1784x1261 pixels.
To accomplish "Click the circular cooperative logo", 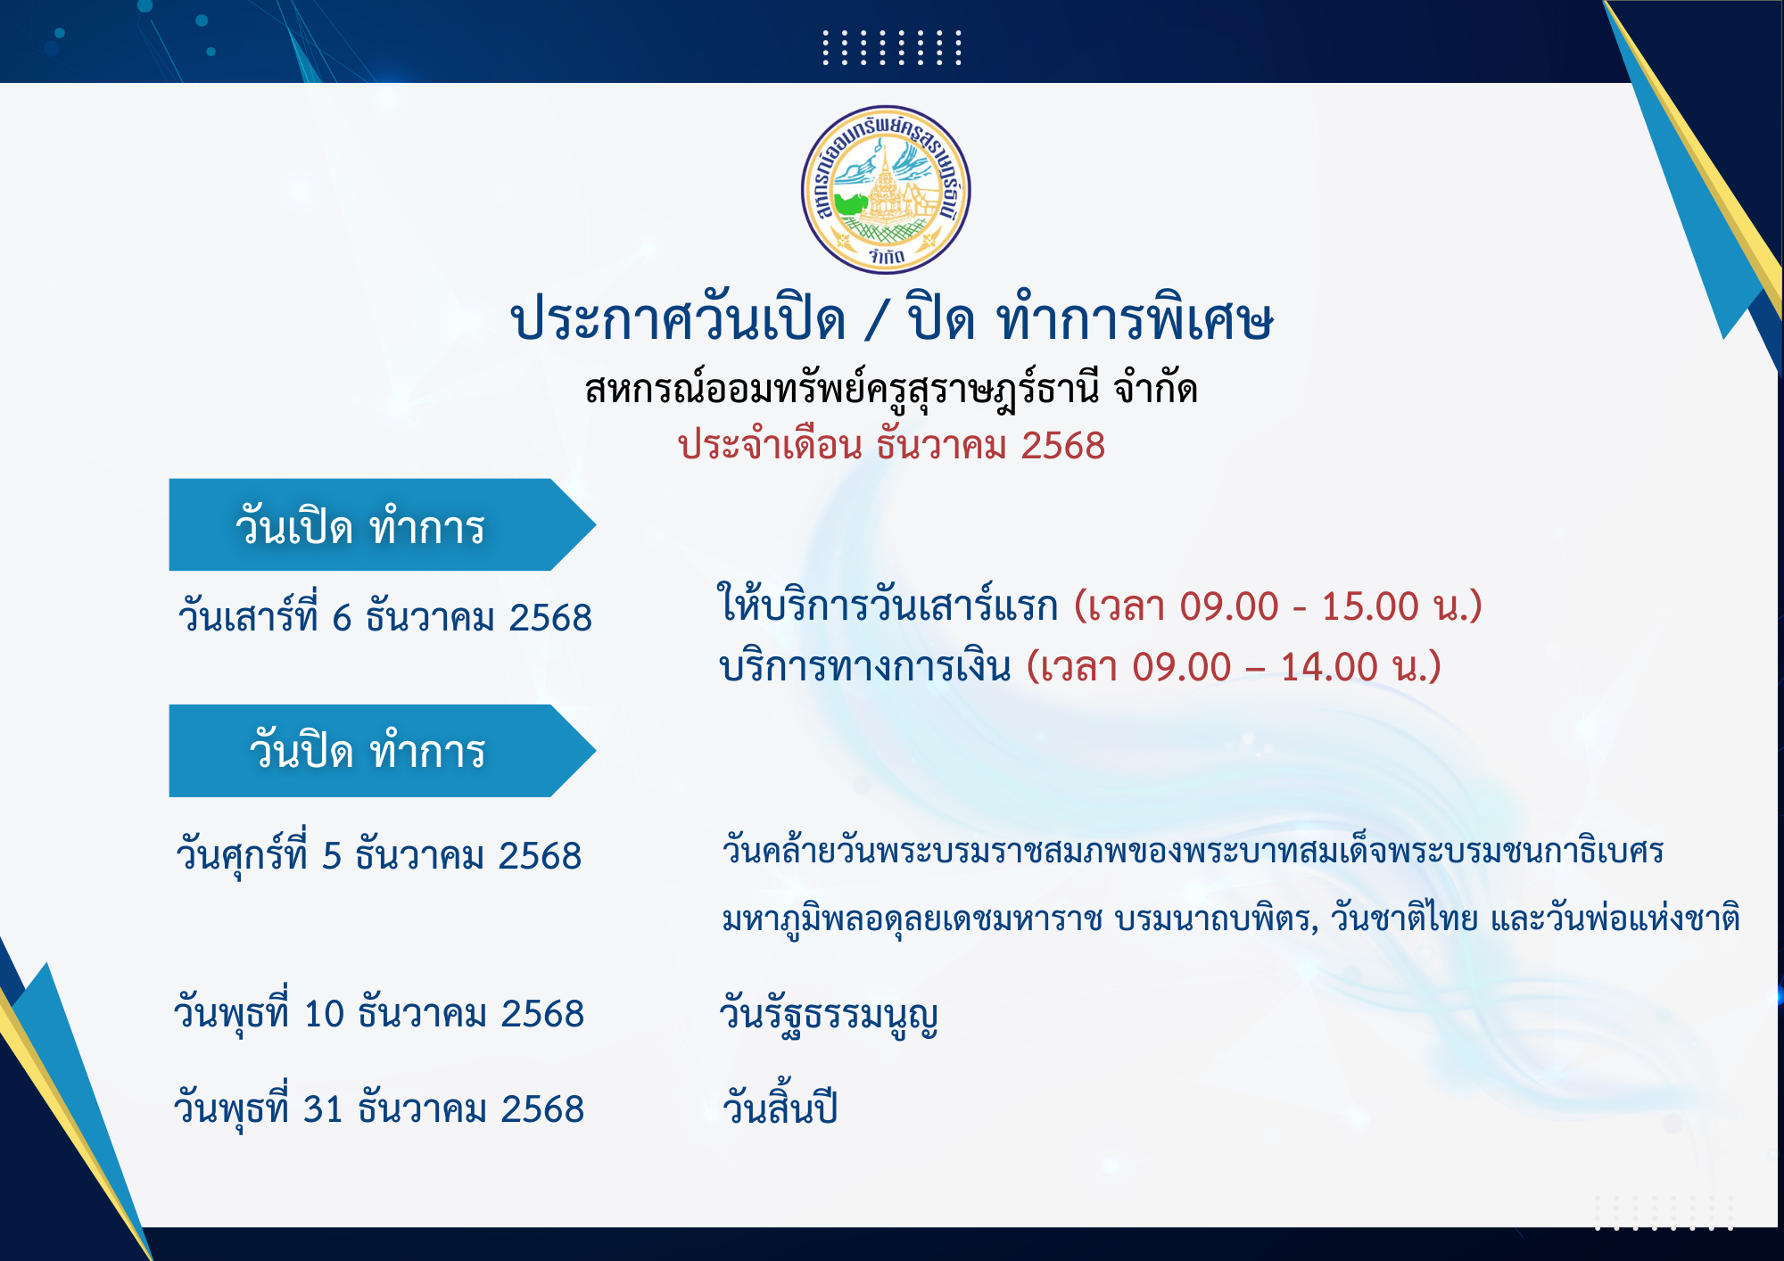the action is point(886,189).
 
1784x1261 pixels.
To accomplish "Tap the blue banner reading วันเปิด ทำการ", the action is point(382,524).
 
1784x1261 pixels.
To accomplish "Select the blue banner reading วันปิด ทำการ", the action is point(382,751).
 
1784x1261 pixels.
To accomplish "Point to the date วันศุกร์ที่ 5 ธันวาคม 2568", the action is point(379,854).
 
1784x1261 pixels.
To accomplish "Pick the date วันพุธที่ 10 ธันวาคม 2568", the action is point(379,1014).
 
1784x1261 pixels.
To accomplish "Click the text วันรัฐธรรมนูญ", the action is point(829,1015).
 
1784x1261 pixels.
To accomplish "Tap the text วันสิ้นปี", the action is point(780,1106).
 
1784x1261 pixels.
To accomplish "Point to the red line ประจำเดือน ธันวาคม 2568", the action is point(891,444).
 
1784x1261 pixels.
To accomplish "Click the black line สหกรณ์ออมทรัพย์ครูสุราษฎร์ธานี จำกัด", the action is point(891,388).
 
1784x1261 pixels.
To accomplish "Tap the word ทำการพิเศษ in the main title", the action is point(1136,318).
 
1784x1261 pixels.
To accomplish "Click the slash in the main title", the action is point(876,321).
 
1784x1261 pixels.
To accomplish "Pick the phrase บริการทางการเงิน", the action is point(865,665).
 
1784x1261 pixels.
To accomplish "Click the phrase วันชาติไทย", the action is point(1404,917).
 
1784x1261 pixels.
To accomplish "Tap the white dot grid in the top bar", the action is point(892,47).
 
